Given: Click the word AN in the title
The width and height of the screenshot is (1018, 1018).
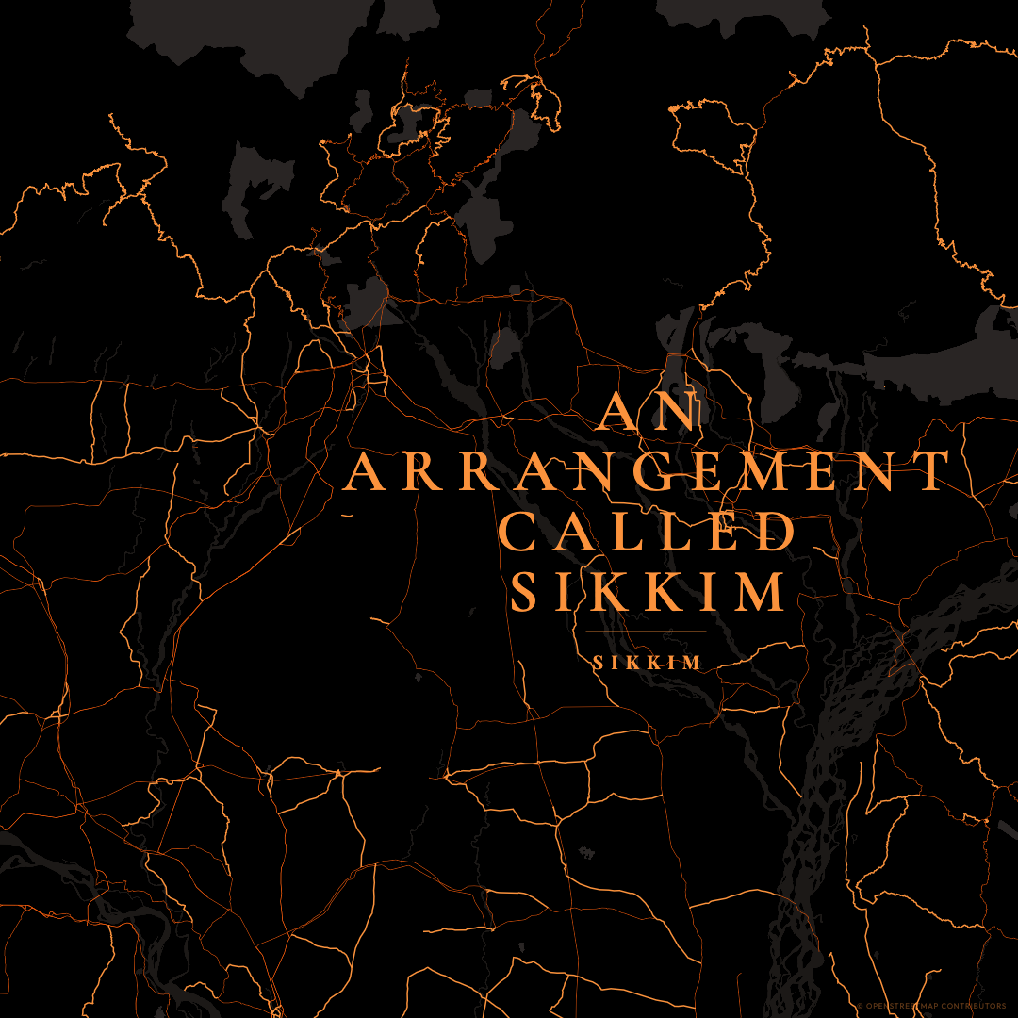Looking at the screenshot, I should pos(649,412).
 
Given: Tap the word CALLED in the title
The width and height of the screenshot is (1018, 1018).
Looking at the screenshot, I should pos(648,533).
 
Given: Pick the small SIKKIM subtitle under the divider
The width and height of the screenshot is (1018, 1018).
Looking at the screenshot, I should pos(648,664).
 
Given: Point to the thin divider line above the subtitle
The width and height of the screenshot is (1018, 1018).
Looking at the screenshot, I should pos(646,632).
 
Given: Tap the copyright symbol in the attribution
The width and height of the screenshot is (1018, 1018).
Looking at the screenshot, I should pos(861,1006).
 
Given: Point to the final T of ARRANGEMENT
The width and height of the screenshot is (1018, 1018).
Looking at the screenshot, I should pos(932,471).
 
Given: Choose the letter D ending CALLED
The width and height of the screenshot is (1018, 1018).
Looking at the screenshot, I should pos(777,533).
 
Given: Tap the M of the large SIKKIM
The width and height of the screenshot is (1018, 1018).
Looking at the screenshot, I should pos(761,592).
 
